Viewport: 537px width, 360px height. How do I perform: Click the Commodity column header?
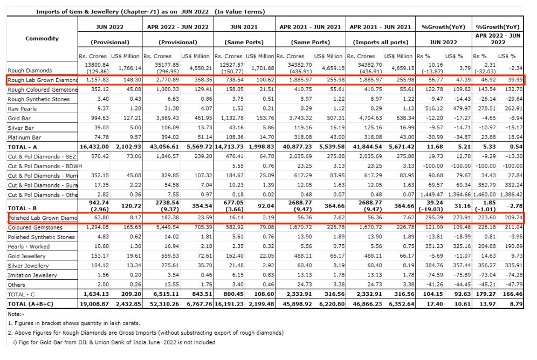coord(42,38)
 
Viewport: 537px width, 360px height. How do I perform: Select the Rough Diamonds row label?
coord(30,71)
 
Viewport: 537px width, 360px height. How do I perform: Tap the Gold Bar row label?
coord(19,119)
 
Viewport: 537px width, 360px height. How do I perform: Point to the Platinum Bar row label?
coord(24,137)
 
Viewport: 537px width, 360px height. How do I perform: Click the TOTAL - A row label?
coord(22,147)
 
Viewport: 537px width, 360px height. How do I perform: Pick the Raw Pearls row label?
coord(22,109)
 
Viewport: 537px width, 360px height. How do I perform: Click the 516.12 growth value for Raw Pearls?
coord(434,108)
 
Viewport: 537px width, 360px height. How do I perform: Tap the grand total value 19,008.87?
coord(94,304)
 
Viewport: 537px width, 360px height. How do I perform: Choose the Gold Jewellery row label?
coord(26,257)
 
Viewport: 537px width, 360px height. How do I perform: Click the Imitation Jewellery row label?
coord(32,275)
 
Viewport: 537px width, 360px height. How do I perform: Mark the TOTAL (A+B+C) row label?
coord(31,304)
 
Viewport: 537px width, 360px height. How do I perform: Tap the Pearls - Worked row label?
coord(29,247)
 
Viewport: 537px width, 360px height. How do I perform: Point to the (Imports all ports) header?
coord(381,43)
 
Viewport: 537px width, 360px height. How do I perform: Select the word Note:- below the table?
coord(16,314)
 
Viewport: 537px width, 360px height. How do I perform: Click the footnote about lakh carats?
coord(74,323)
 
